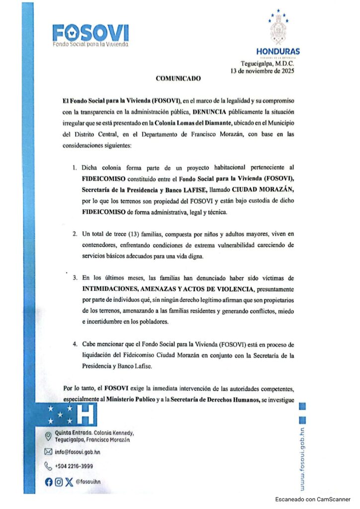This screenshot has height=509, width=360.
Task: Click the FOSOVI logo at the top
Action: click(x=90, y=35)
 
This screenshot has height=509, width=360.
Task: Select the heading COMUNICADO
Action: click(x=179, y=79)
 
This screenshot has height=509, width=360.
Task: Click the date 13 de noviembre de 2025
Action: click(x=263, y=71)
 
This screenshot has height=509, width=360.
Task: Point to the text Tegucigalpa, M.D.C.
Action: click(x=268, y=64)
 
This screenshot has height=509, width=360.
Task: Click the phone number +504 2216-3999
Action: click(x=74, y=466)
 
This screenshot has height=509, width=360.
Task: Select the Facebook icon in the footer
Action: click(x=48, y=481)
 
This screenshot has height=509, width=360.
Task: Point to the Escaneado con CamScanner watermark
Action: click(x=313, y=499)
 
